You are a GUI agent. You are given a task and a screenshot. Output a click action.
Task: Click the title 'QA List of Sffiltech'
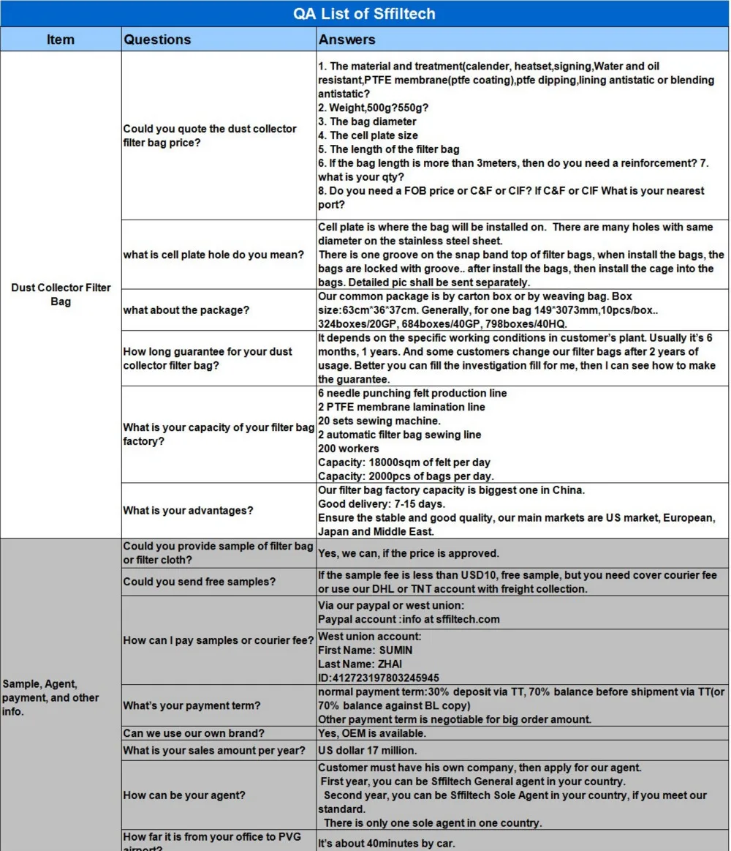click(364, 13)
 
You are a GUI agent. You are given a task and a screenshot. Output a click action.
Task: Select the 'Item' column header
click(61, 40)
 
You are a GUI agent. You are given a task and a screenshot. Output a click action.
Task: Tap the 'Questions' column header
click(157, 40)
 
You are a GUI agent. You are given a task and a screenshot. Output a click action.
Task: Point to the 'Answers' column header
click(346, 40)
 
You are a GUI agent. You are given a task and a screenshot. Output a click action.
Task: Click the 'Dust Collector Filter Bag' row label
click(61, 294)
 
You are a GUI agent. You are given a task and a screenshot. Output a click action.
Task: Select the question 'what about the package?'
click(186, 310)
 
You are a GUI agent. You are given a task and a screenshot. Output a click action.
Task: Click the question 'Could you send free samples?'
click(199, 582)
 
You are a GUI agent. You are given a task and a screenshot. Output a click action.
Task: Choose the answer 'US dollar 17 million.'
click(368, 750)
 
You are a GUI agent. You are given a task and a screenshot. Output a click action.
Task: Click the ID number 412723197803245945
click(379, 678)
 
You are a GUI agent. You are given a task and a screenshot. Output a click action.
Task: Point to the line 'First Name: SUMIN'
click(365, 650)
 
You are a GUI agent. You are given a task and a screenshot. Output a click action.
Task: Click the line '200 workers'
click(349, 449)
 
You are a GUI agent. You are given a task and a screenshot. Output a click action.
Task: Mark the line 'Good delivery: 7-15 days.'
click(382, 504)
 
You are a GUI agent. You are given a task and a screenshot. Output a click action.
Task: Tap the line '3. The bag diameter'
click(367, 121)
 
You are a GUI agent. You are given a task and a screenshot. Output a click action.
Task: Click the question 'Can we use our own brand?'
click(194, 733)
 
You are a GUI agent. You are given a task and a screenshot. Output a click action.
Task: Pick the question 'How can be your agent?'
click(184, 795)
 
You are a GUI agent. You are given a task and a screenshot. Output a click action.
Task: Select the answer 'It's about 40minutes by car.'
click(387, 843)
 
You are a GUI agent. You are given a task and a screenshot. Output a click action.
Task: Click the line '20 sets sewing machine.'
click(379, 421)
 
